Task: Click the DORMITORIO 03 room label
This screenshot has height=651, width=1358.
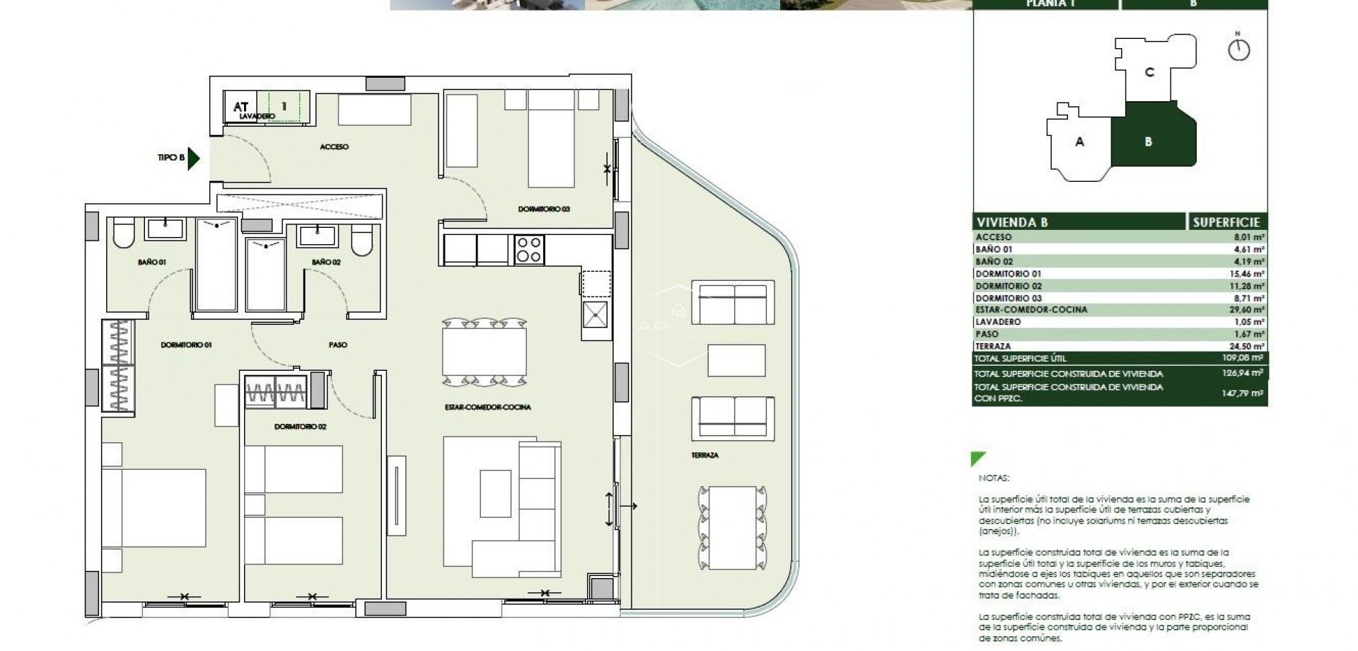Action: click(543, 209)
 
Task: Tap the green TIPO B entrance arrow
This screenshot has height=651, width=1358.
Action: click(194, 158)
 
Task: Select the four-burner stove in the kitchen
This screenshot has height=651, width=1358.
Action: click(529, 250)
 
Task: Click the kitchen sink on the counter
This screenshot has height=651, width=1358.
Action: click(595, 314)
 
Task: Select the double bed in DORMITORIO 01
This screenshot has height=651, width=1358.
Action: click(154, 507)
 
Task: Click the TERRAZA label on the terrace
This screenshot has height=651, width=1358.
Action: click(704, 455)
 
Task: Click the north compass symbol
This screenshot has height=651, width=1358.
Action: click(1239, 49)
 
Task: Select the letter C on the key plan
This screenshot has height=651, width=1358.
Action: click(1149, 72)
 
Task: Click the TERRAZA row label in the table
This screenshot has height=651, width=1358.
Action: click(993, 346)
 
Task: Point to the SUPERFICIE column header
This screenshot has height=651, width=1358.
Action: click(1226, 222)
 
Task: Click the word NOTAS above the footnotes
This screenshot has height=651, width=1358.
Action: click(994, 478)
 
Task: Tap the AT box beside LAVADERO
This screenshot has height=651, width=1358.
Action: click(240, 107)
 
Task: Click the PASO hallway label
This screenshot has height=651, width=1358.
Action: click(338, 345)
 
